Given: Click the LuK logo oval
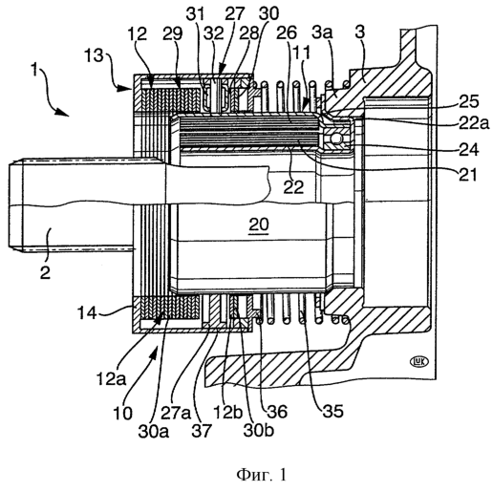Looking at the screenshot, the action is tap(419, 362).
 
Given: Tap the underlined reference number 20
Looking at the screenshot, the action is tap(259, 225).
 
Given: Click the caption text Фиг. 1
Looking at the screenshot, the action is tap(261, 475).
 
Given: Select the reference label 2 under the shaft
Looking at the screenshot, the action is tap(45, 272).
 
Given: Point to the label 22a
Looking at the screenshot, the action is tap(474, 122).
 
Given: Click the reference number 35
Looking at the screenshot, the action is tap(333, 411).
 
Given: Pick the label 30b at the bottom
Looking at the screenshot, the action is tap(259, 430).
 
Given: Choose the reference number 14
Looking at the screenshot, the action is tap(87, 312).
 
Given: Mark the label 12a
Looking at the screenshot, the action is tap(111, 379).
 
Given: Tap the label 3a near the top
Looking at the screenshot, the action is tap(322, 32).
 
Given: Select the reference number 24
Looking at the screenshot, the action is tap(469, 149).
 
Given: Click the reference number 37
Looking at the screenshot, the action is tap(202, 430).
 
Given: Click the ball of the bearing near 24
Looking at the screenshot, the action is tap(337, 139).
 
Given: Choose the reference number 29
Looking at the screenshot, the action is tap(173, 33).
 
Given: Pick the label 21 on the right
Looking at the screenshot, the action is tap(468, 175).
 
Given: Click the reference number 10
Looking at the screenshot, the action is tap(122, 413).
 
